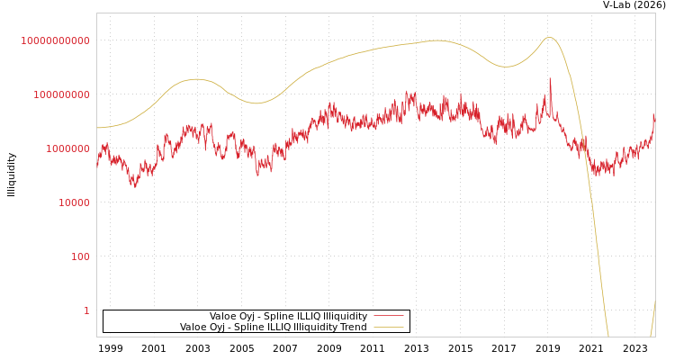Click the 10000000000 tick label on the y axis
pyautogui.click(x=55, y=40)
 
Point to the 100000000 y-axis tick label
pyautogui.click(x=61, y=94)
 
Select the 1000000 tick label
pyautogui.click(x=67, y=148)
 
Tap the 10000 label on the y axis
pyautogui.click(x=74, y=202)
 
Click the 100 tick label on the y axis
pyautogui.click(x=80, y=256)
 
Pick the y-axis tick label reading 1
pyautogui.click(x=86, y=310)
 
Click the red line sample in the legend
pyautogui.click(x=388, y=317)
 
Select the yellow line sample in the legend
pyautogui.click(x=388, y=328)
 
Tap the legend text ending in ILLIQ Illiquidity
pyautogui.click(x=288, y=317)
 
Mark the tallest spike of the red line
pyautogui.click(x=550, y=78)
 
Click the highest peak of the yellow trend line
pyautogui.click(x=550, y=38)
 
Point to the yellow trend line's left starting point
pyautogui.click(x=97, y=128)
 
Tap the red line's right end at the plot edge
pyautogui.click(x=654, y=115)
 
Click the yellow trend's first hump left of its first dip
pyautogui.click(x=196, y=79)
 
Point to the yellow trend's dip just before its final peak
pyautogui.click(x=507, y=67)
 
